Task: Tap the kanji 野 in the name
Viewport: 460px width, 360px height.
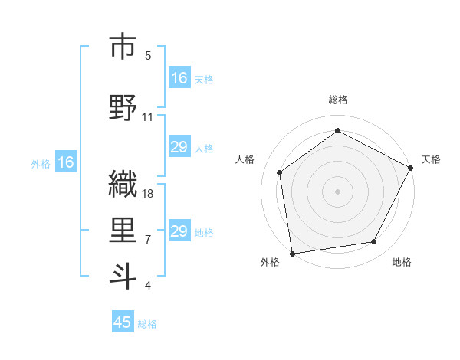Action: [123, 107]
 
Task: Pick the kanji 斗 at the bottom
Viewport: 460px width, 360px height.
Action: [123, 276]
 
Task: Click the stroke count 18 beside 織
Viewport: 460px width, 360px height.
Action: [149, 194]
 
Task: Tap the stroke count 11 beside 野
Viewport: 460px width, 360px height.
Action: [148, 117]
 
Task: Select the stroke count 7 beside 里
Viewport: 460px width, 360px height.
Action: [148, 240]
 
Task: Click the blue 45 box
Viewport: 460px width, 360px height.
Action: [123, 322]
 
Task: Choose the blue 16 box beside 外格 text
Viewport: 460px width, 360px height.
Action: [65, 162]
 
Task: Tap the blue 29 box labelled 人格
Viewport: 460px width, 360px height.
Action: [179, 147]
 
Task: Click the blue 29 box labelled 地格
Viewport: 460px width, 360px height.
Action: [179, 231]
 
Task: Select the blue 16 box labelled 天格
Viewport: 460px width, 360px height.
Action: [179, 78]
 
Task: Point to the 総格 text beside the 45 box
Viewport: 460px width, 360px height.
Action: [147, 324]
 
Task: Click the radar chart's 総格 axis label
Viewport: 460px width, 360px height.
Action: [337, 100]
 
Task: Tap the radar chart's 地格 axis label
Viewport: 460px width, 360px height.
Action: [402, 262]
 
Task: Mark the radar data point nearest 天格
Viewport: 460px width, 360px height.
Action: [411, 168]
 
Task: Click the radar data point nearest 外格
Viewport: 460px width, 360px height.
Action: [292, 253]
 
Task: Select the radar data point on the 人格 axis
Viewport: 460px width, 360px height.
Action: [280, 172]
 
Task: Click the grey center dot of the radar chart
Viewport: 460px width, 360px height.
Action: [337, 191]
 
